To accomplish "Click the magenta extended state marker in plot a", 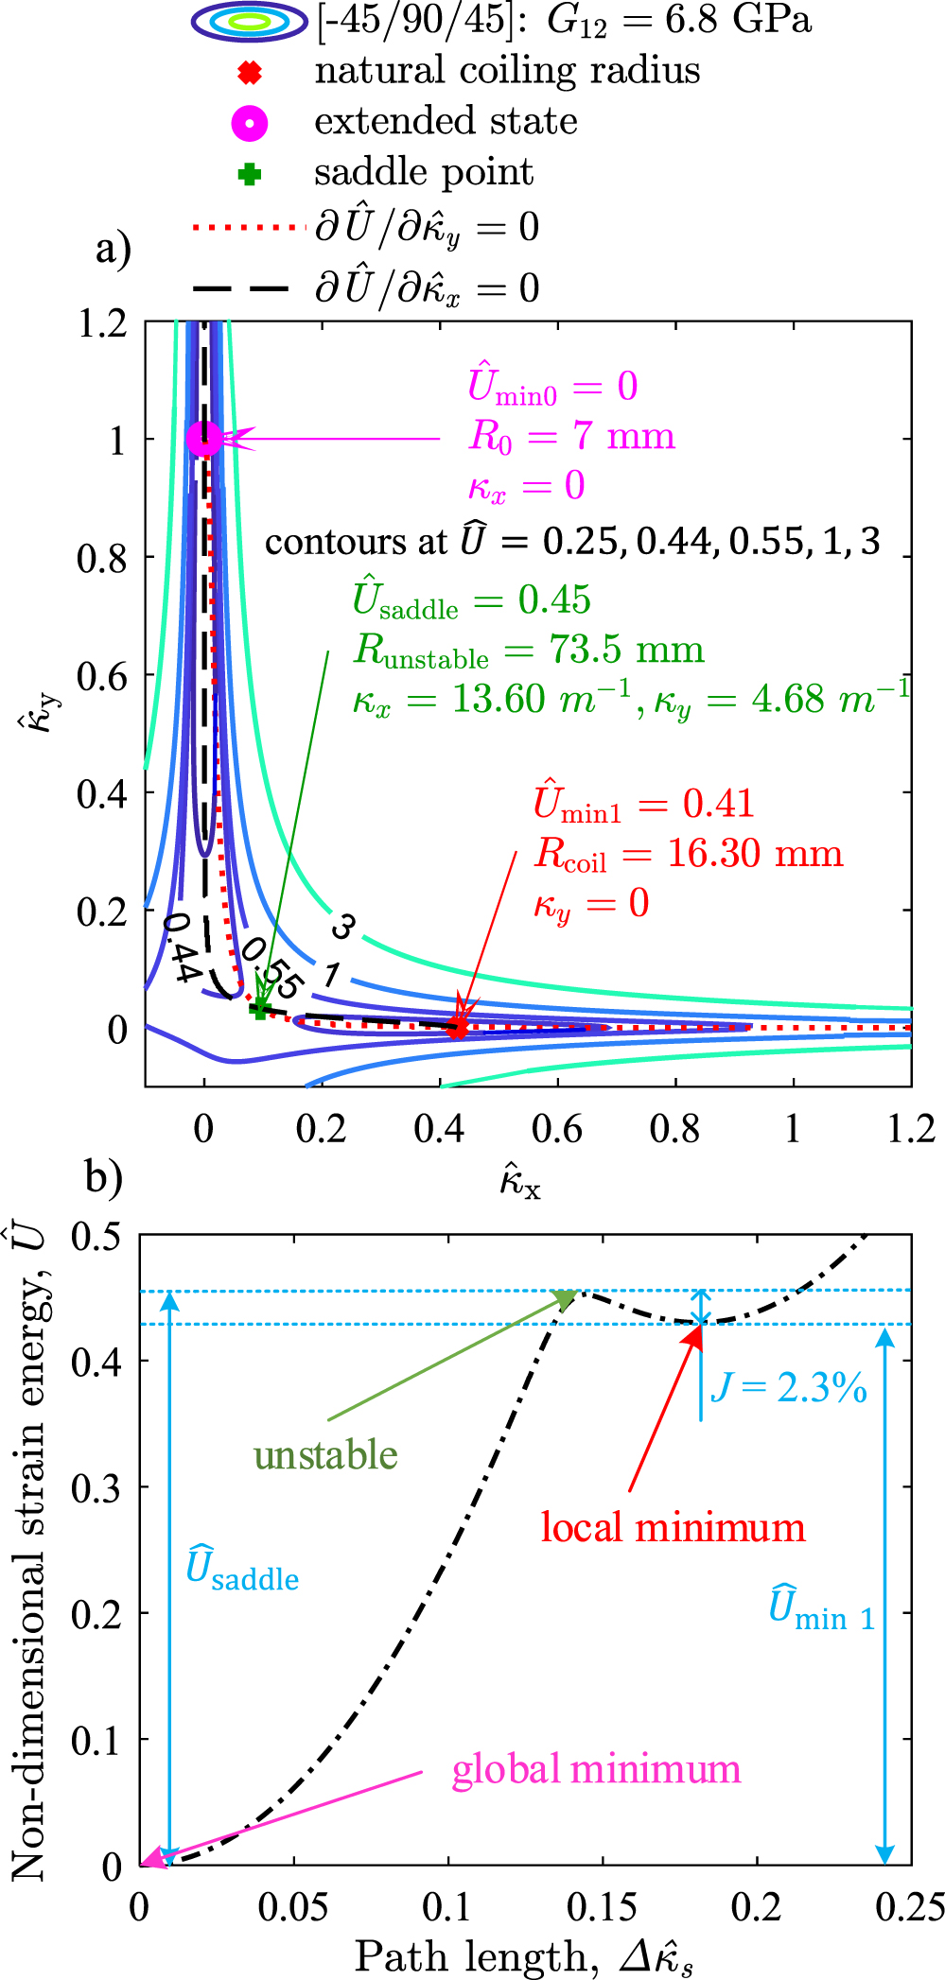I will coord(204,438).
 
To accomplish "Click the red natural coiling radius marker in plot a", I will coord(458,1027).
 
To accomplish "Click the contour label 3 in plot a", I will coord(342,927).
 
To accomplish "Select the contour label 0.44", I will coord(180,948).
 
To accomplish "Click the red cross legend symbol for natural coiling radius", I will coord(250,72).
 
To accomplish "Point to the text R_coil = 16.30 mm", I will coord(689,854).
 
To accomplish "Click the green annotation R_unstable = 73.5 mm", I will coord(530,651).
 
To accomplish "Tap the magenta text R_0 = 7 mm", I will coord(572,436).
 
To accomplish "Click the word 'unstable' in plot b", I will coord(325,1454).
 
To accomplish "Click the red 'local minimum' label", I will coord(673,1527).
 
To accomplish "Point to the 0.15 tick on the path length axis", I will coord(602,1906).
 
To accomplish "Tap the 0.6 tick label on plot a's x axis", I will coord(557,1129).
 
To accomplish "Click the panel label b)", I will coord(104,1177).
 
